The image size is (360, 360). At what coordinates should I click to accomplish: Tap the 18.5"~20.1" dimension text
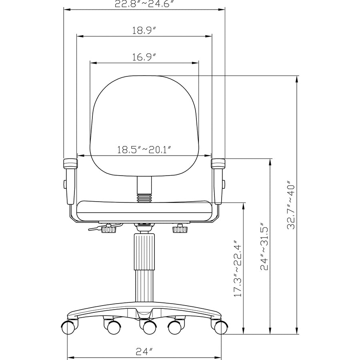144,150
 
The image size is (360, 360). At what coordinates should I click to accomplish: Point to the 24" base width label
144,351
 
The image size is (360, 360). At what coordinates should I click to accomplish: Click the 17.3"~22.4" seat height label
238,269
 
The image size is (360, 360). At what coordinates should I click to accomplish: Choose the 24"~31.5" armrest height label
264,246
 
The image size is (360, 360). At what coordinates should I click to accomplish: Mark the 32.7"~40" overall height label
291,204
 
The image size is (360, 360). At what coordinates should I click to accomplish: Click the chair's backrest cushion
144,126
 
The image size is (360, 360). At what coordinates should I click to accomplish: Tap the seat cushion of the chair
144,210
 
